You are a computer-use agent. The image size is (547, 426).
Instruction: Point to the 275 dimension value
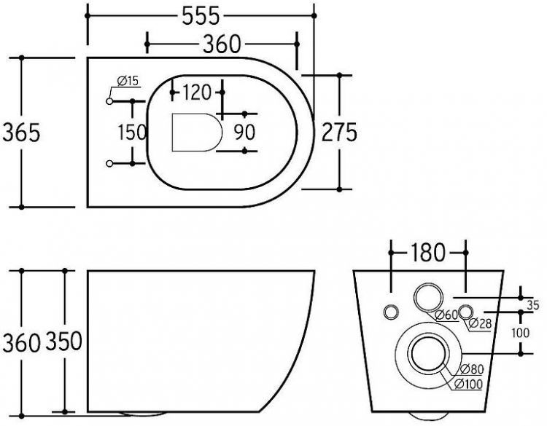[x=340, y=132]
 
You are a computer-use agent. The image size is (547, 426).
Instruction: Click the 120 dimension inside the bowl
[x=197, y=92]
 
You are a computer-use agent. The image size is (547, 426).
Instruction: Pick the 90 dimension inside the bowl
[x=244, y=132]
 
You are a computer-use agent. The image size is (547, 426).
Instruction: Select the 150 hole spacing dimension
[x=132, y=132]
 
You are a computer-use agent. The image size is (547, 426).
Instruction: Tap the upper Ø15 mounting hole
[x=110, y=101]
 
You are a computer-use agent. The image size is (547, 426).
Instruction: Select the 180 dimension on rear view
[x=427, y=253]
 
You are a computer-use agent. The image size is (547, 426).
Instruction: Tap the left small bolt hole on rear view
[x=391, y=312]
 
